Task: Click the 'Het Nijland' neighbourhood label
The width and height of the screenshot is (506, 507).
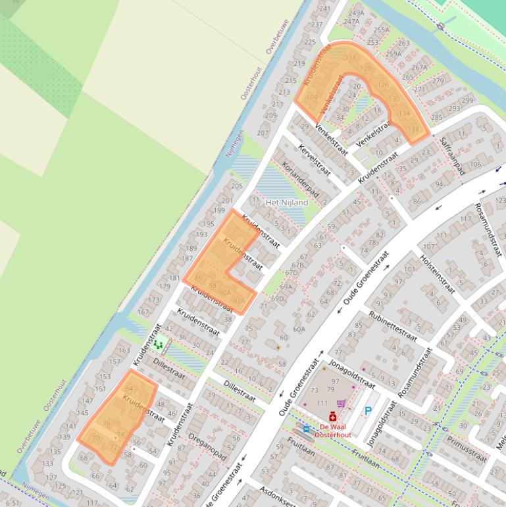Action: click(286, 203)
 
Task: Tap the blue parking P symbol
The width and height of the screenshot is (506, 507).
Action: click(368, 411)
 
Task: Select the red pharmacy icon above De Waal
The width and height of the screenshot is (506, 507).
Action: click(332, 417)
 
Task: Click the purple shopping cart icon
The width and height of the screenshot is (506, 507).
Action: click(341, 404)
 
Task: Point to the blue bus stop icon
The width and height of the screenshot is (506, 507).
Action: click(305, 429)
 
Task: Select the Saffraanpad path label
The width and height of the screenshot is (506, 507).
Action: click(452, 155)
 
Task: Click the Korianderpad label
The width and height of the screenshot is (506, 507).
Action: click(300, 180)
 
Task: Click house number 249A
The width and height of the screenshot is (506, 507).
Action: click(356, 13)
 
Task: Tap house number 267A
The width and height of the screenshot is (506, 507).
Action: click(419, 67)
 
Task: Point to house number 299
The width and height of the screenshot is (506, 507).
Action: click(467, 101)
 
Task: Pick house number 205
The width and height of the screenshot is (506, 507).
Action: click(237, 186)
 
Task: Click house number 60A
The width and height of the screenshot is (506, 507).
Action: click(299, 329)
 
